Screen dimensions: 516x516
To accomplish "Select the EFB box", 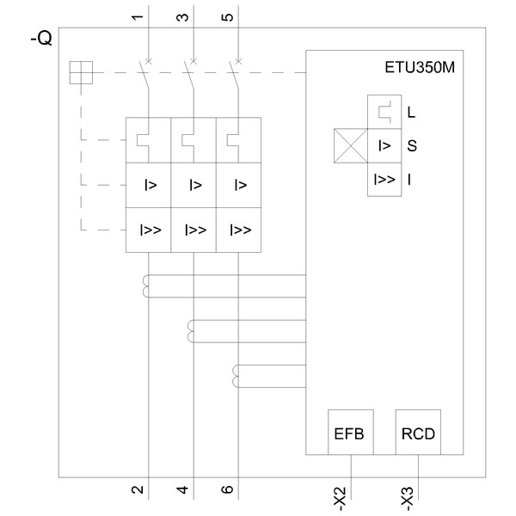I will (x=349, y=432).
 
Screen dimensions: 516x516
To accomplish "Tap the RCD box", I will (x=418, y=432).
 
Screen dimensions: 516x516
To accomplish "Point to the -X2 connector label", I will (x=340, y=496).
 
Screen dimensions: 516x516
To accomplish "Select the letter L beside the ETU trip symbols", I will (x=411, y=112).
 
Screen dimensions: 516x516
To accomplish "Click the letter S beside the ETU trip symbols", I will (x=411, y=146).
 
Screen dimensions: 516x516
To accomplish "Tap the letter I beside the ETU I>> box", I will (x=410, y=180).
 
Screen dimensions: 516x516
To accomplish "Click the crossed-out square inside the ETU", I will (x=350, y=145).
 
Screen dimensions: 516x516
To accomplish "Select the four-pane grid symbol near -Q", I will (x=80, y=73).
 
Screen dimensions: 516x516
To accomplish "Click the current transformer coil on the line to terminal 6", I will (x=237, y=375).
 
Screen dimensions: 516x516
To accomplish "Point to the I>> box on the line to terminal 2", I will (x=150, y=230).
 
